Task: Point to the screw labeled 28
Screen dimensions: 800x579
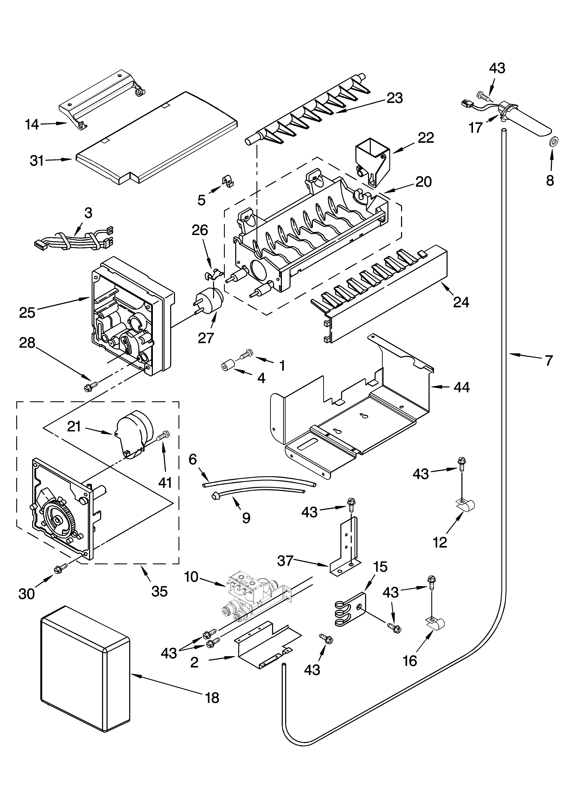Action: click(90, 387)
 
